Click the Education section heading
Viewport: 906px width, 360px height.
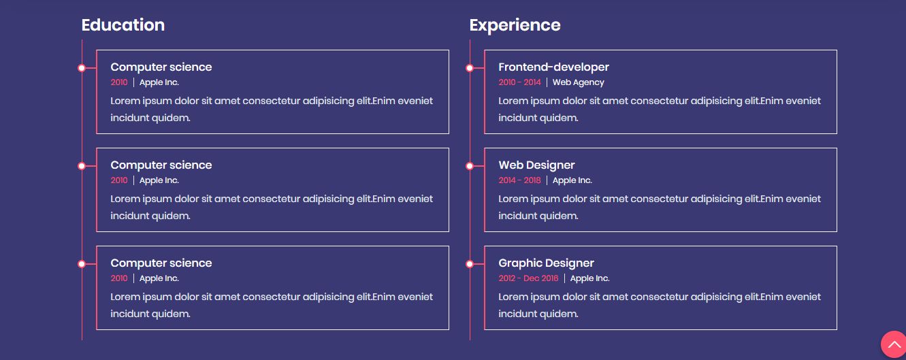pyautogui.click(x=123, y=25)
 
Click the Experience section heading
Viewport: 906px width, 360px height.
pyautogui.click(x=515, y=25)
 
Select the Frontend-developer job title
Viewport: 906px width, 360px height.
pyautogui.click(x=553, y=67)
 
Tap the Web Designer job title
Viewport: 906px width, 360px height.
pyautogui.click(x=536, y=165)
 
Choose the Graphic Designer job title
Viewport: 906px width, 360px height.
pyautogui.click(x=546, y=263)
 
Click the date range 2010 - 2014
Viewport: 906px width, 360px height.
pyautogui.click(x=519, y=82)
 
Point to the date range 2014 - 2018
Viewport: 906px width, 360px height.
pyautogui.click(x=519, y=180)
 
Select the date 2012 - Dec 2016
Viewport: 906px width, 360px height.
pyautogui.click(x=528, y=278)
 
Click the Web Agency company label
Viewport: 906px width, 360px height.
pyautogui.click(x=579, y=82)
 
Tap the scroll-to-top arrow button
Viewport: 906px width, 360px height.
pyautogui.click(x=894, y=345)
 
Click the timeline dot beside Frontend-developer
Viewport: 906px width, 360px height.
pyautogui.click(x=470, y=68)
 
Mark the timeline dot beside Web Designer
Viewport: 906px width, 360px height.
pyautogui.click(x=470, y=166)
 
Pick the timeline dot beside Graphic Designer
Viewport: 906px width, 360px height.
pyautogui.click(x=470, y=264)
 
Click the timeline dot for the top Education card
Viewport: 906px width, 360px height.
pyautogui.click(x=82, y=68)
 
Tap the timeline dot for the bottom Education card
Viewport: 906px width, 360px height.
pyautogui.click(x=82, y=264)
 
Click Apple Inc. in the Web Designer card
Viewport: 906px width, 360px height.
pyautogui.click(x=572, y=180)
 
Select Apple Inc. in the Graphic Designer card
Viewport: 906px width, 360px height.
pyautogui.click(x=589, y=279)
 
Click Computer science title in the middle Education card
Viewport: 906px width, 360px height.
pyautogui.click(x=161, y=165)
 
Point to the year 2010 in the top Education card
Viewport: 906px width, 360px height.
pyautogui.click(x=119, y=82)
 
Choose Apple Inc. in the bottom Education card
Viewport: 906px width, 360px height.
pyautogui.click(x=159, y=279)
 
